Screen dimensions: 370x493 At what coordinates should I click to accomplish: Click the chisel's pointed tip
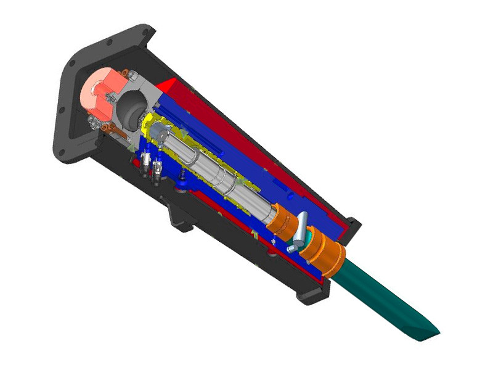435,334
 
